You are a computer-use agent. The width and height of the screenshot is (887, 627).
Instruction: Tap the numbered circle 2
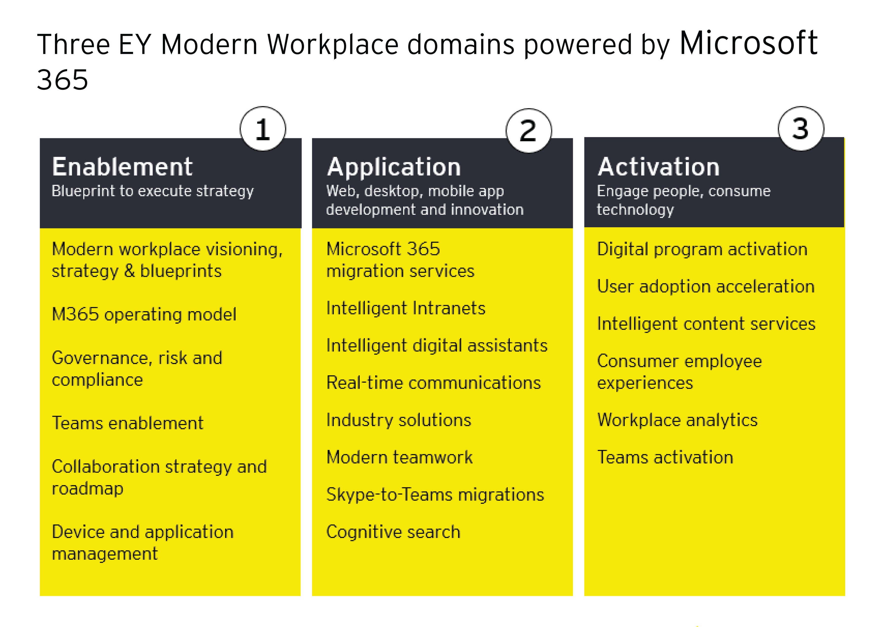(x=529, y=131)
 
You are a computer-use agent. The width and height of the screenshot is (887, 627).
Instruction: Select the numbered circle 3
(x=801, y=128)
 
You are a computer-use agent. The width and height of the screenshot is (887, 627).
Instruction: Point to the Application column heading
(x=394, y=167)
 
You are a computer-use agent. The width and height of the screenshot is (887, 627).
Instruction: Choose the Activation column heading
(x=658, y=167)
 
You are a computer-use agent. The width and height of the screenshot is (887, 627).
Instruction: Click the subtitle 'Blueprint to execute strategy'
(x=153, y=191)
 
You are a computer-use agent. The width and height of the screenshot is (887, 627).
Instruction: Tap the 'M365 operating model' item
(x=144, y=314)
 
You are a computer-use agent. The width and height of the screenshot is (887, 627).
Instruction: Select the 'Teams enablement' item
(x=127, y=423)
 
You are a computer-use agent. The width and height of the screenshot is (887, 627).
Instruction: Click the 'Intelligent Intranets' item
(x=406, y=308)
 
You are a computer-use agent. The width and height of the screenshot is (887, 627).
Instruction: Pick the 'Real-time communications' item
(x=433, y=383)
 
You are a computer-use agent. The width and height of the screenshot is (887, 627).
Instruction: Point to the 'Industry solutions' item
(x=399, y=420)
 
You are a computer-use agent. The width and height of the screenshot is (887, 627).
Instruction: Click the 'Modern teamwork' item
(x=399, y=457)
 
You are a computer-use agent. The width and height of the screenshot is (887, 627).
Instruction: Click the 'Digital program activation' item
(x=702, y=249)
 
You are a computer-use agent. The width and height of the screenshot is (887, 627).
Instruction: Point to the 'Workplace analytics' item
(x=677, y=420)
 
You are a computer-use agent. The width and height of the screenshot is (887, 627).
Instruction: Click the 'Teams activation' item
(x=665, y=457)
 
